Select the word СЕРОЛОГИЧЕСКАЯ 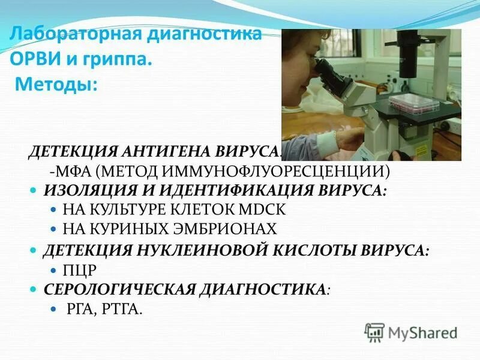pos(121,289)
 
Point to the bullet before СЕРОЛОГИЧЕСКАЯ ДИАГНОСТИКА pos(34,289)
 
